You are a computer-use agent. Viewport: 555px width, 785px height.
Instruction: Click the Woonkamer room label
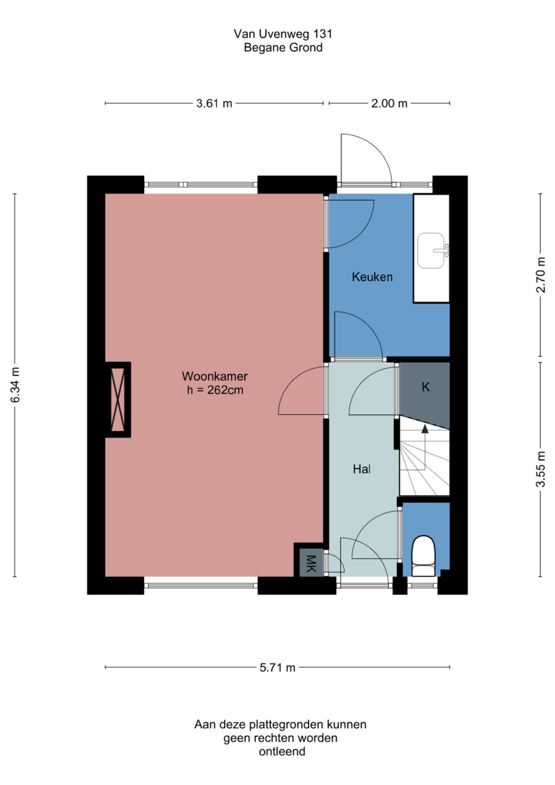point(215,376)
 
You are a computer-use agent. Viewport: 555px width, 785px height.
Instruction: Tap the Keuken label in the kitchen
point(372,277)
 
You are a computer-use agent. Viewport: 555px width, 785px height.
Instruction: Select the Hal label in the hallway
point(362,469)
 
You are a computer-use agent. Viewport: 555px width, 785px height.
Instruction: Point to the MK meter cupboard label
point(311,564)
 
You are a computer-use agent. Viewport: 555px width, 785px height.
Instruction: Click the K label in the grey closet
point(425,387)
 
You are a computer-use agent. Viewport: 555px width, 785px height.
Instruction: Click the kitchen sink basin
point(431,250)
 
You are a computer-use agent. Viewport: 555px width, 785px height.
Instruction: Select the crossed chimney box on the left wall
point(118,400)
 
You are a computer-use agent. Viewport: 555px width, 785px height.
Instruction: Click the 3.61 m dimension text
point(214,104)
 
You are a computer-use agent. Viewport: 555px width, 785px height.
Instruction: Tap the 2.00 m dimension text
point(389,104)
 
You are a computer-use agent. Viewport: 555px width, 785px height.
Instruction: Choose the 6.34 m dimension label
point(15,384)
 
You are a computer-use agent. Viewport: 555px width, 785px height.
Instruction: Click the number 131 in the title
point(321,34)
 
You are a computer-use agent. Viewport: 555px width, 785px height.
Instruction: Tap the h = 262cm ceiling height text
point(215,390)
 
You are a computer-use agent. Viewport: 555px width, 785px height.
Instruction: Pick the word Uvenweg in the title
point(283,34)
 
